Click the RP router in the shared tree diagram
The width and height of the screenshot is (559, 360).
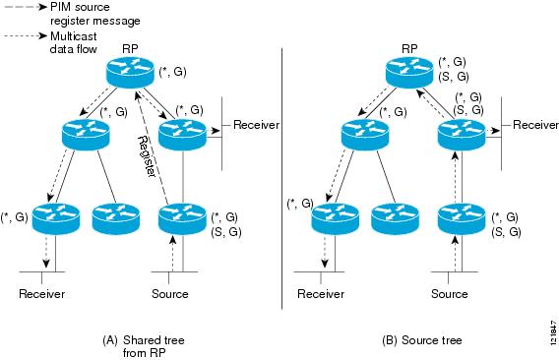point(130,69)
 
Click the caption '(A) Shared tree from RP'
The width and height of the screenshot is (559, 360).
point(144,345)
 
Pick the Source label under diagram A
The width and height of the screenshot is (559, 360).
point(170,293)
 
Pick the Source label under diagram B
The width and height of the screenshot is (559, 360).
point(450,293)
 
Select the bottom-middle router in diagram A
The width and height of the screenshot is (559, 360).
point(113,217)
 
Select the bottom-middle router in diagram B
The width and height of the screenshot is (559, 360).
point(393,217)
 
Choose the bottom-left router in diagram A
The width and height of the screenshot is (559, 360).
point(51,217)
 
